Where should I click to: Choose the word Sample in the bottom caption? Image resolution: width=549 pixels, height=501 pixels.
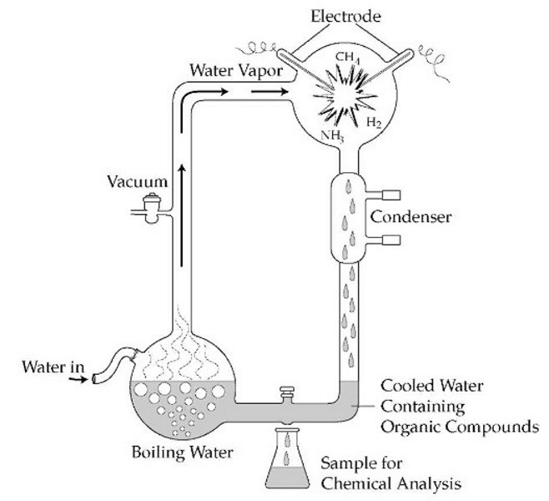click(352, 463)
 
